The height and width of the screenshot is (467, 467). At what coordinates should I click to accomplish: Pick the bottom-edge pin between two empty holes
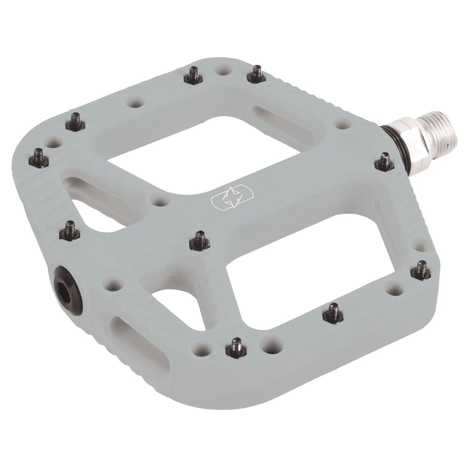236,344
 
